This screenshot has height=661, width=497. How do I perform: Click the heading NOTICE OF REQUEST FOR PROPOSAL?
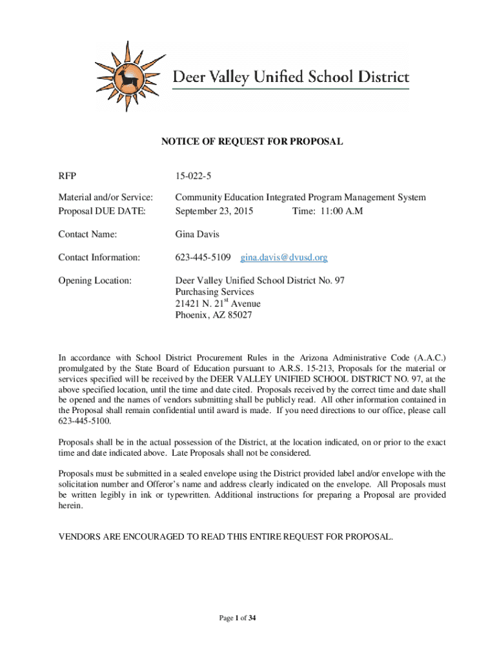[252, 141]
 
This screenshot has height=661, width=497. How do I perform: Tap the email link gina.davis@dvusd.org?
[284, 258]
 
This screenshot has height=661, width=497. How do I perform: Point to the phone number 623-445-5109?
[203, 258]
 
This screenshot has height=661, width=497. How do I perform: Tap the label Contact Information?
[99, 258]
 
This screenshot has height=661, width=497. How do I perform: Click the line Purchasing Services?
[215, 292]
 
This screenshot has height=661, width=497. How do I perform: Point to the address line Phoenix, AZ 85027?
[214, 316]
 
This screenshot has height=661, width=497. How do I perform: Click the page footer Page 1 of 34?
[238, 618]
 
